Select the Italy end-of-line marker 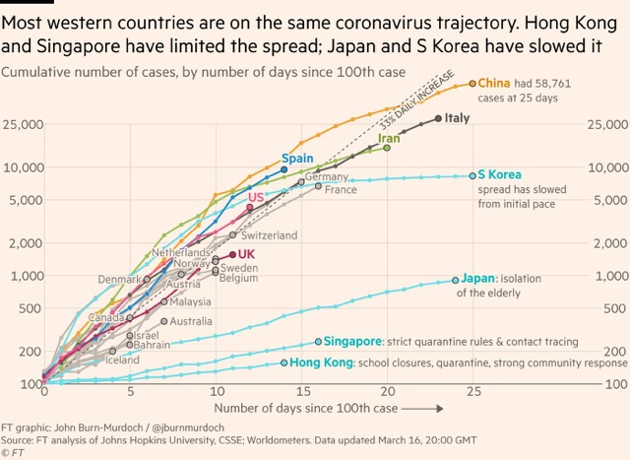pos(438,118)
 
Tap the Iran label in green pos(391,139)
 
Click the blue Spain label pos(297,158)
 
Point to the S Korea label pos(500,175)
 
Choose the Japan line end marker pos(455,280)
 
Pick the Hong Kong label pos(321,363)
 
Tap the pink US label pos(255,197)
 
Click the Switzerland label pos(269,235)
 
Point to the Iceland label pos(123,360)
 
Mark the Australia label pos(191,321)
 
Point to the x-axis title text pos(305,408)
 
